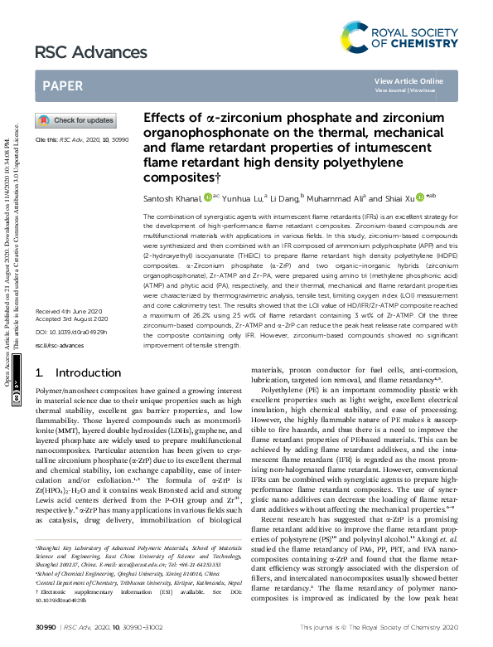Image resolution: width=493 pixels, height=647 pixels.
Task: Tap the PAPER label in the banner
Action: coord(60,85)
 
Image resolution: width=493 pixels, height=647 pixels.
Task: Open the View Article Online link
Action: coord(408,80)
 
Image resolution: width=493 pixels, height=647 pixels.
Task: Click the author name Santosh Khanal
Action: coord(168,198)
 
